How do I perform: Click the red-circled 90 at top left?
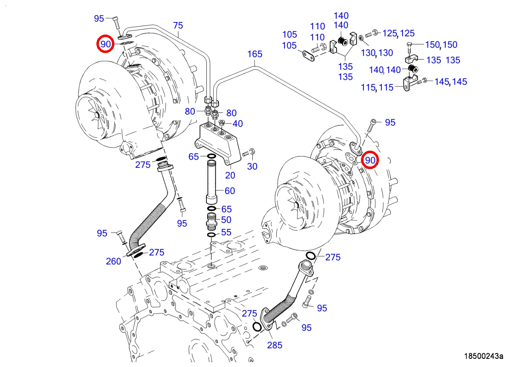pos(105,44)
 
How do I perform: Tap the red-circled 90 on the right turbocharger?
pos(370,160)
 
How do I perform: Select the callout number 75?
pos(178,26)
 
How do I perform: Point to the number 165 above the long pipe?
pos(255,54)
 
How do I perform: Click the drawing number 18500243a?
pos(484,356)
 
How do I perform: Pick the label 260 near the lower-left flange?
pos(114,261)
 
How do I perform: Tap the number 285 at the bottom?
pos(275,345)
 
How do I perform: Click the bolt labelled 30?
pos(247,154)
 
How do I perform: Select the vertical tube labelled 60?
pos(212,181)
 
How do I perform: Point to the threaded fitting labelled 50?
pos(212,221)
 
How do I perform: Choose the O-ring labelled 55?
pos(211,235)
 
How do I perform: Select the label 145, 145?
pos(451,82)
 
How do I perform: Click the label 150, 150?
pos(441,45)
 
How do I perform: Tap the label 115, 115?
pos(377,87)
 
